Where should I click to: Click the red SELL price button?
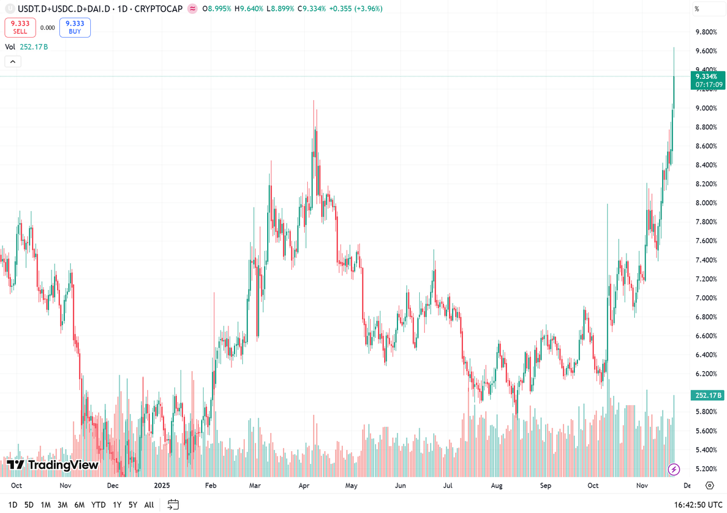21,27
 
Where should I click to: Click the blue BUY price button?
75,27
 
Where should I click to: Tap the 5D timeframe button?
29,505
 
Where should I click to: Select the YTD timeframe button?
99,505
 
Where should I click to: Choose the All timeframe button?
149,505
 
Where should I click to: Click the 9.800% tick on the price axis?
706,32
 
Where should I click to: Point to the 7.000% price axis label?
706,298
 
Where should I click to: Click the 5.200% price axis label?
706,469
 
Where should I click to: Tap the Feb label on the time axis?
211,486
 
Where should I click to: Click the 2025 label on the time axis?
162,486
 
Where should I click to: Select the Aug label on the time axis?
497,486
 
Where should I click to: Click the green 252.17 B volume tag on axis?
706,395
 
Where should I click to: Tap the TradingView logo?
53,465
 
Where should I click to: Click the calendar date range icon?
174,504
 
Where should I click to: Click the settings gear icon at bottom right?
709,486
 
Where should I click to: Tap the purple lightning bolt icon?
674,469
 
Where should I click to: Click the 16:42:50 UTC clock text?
698,505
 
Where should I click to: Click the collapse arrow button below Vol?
13,61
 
